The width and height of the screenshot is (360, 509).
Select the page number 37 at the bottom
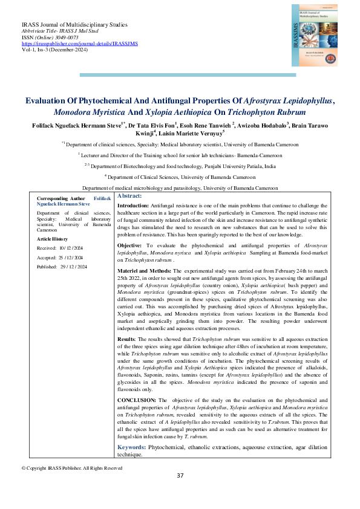tap(180, 475)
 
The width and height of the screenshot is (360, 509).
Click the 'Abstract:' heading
tap(129, 196)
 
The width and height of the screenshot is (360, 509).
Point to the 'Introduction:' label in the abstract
tap(133, 206)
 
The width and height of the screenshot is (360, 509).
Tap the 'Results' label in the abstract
tap(128, 340)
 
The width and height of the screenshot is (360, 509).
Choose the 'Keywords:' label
tap(131, 447)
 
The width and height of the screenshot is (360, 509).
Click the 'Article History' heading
tap(54, 239)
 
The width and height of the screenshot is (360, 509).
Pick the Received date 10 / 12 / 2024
tap(72, 248)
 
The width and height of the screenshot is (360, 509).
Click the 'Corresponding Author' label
tap(61, 198)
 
